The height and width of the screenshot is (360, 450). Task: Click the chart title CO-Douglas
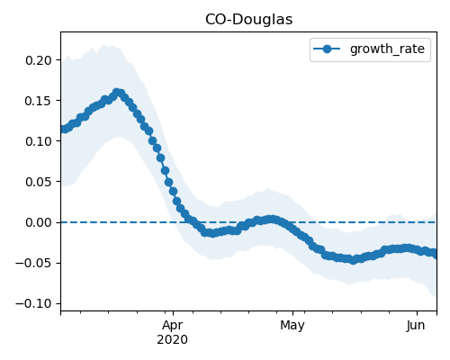248,20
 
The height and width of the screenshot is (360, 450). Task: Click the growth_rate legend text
387,49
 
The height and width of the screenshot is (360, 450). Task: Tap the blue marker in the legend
327,49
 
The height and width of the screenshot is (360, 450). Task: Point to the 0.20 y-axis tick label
39,60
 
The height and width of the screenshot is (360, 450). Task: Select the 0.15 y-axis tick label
39,101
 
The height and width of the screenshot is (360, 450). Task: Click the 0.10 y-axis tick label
39,141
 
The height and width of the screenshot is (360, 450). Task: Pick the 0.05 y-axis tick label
39,182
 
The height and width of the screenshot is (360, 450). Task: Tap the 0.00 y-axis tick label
39,222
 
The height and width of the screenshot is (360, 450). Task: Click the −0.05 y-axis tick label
34,263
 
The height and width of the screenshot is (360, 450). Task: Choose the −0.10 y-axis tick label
34,303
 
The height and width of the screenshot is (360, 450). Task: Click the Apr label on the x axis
173,326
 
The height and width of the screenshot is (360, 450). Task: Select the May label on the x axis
292,326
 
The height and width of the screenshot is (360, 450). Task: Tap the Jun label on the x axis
416,325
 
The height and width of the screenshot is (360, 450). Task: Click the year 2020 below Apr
173,339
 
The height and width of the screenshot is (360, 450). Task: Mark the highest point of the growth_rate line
117,93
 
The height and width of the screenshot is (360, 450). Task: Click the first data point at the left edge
63,129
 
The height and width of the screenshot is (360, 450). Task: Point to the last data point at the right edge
435,255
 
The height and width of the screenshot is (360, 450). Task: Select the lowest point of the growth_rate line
354,260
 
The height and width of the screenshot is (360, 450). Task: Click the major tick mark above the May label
293,313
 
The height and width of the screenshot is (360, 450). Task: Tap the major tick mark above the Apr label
173,313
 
